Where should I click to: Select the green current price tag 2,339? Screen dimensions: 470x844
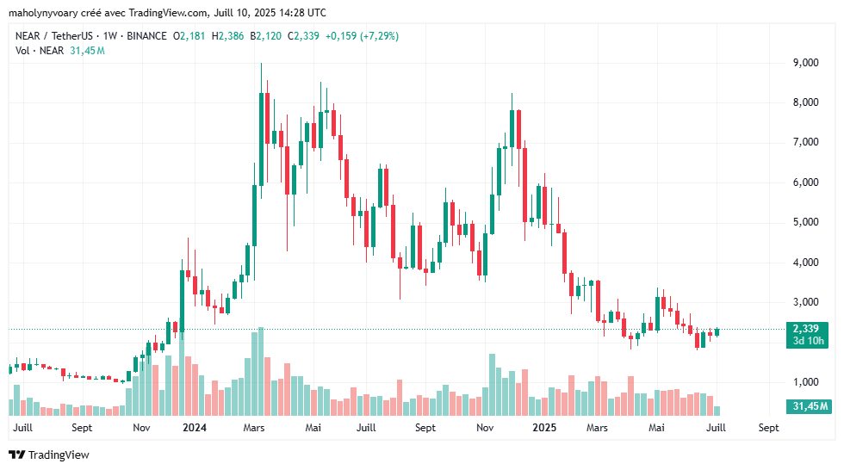click(x=809, y=329)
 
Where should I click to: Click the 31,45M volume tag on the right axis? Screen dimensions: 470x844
click(x=808, y=406)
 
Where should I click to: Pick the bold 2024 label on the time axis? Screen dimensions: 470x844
click(x=195, y=427)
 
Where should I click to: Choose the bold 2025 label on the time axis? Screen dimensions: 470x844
click(x=543, y=427)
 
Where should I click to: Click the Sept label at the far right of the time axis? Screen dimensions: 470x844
click(x=768, y=427)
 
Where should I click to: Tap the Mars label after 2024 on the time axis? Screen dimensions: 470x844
click(x=253, y=427)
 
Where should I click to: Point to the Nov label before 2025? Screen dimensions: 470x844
click(x=485, y=427)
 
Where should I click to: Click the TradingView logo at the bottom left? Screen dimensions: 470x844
click(x=49, y=455)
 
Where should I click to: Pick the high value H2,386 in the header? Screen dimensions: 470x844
click(x=231, y=36)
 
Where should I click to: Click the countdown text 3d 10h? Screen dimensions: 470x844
click(x=809, y=342)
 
